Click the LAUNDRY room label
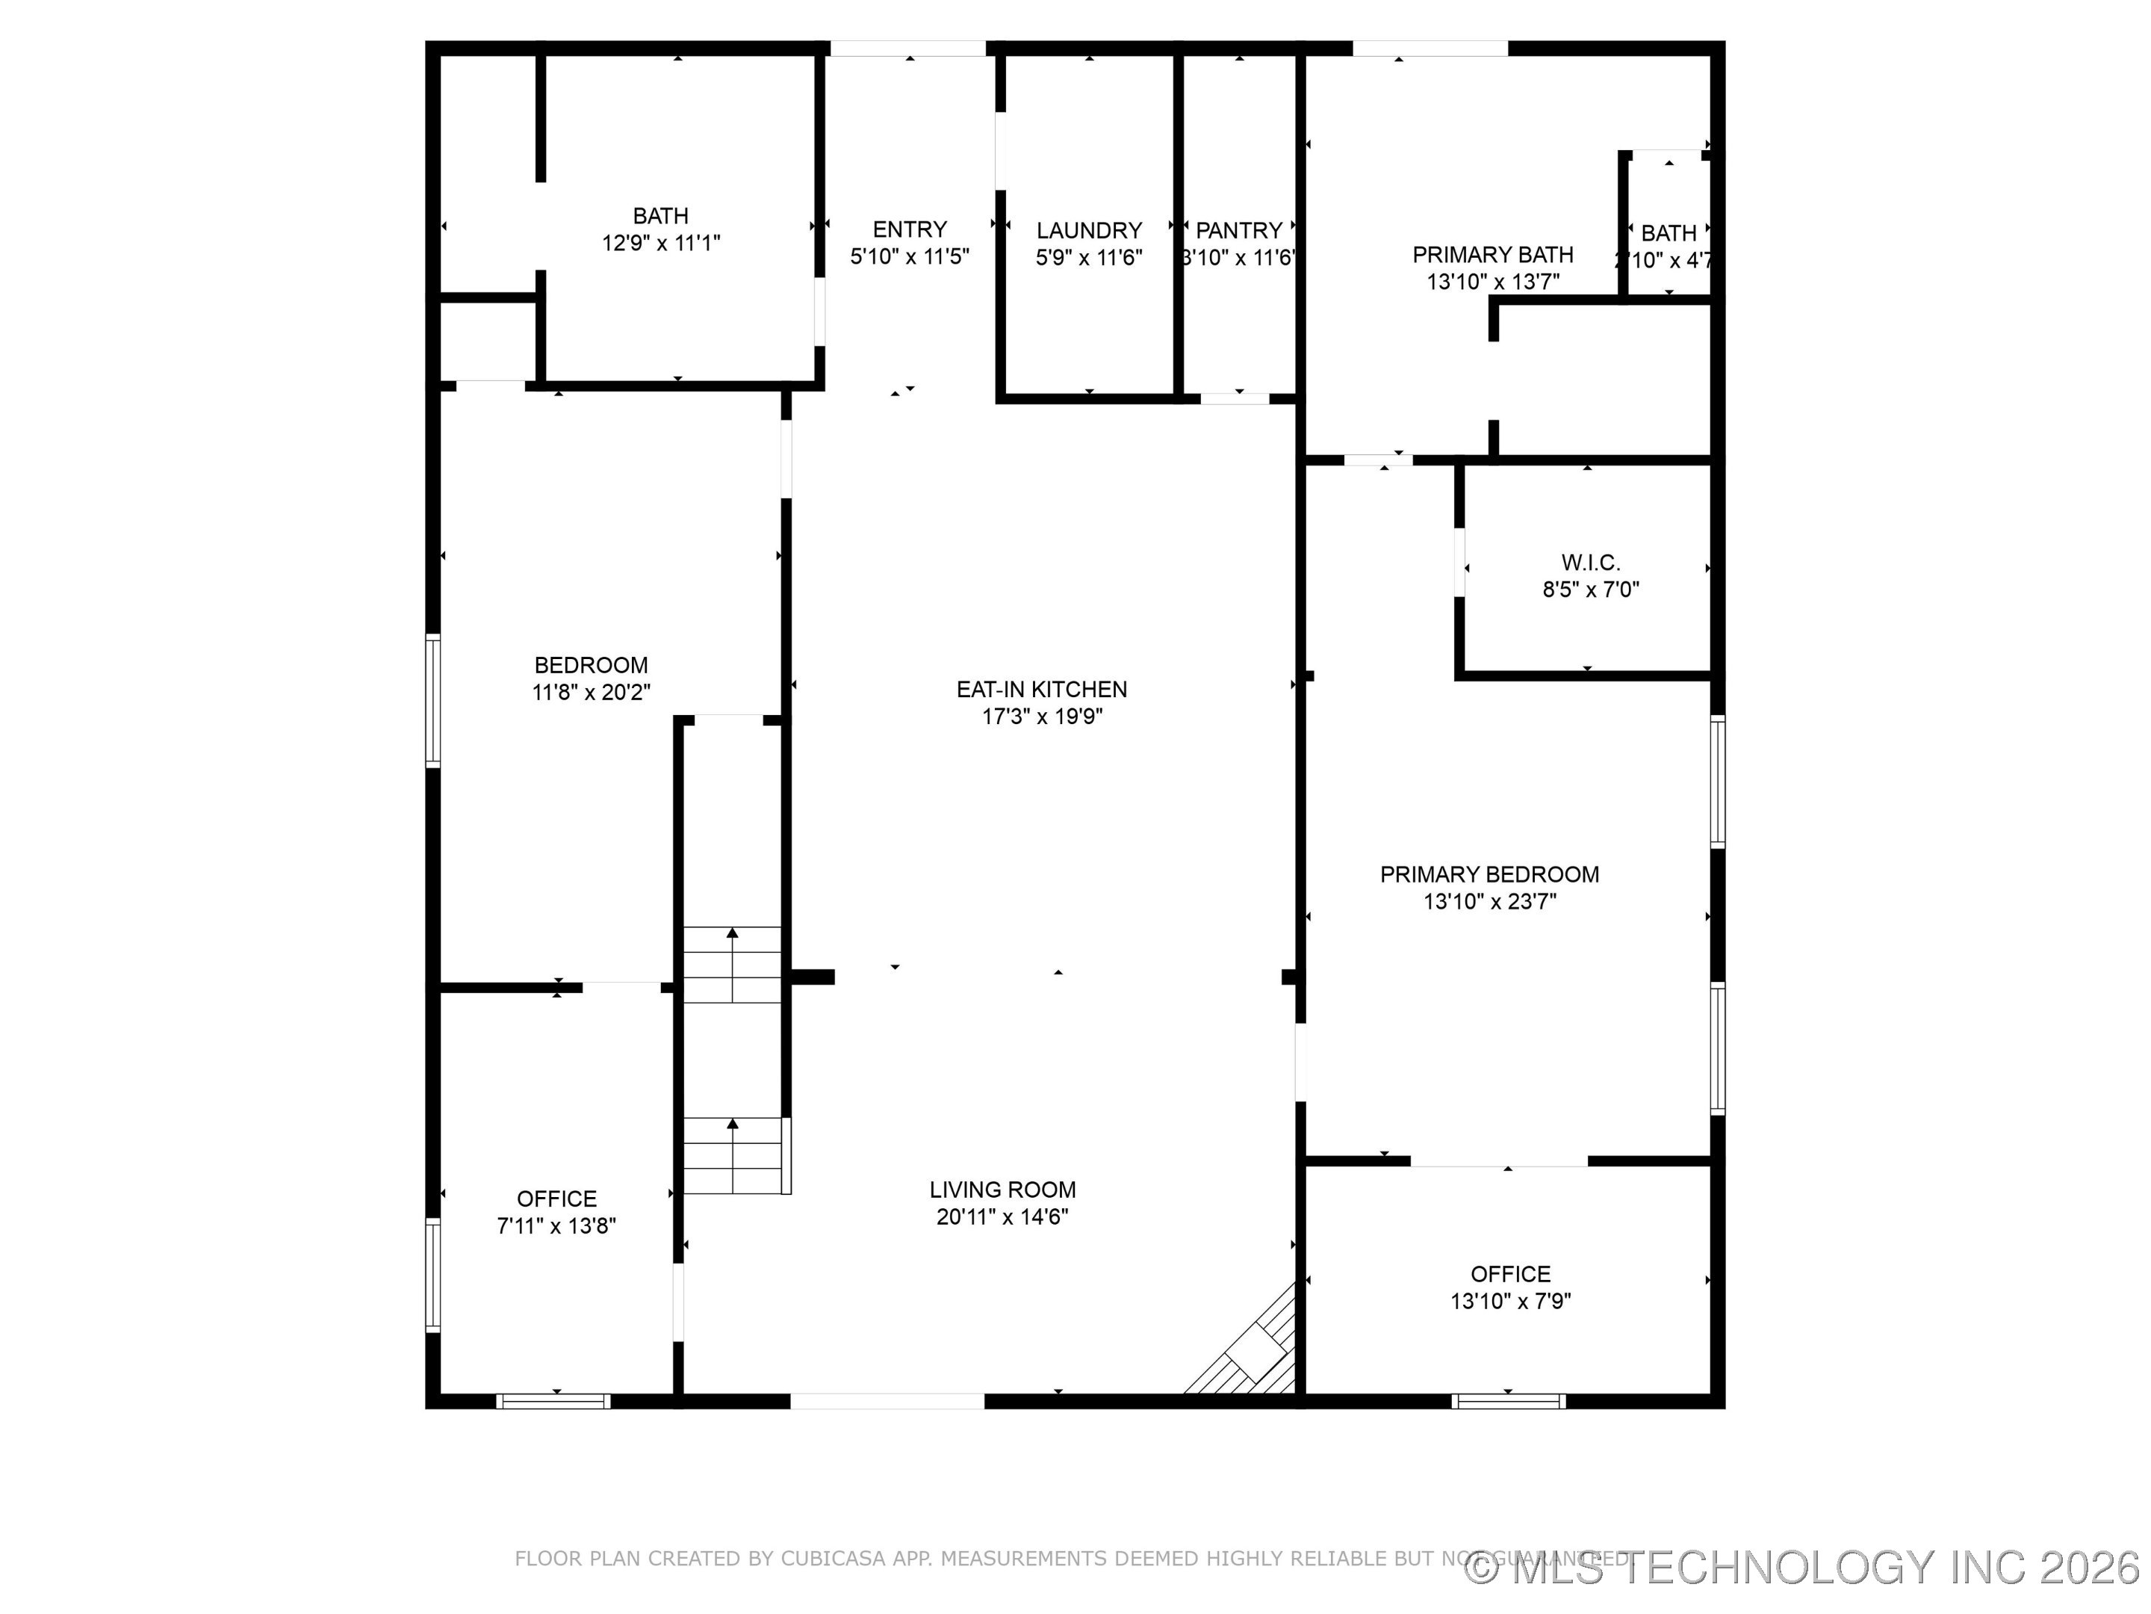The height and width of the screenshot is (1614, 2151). point(1088,231)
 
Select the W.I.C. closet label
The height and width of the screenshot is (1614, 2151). point(1590,563)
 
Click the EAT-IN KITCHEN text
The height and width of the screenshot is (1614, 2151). point(1041,689)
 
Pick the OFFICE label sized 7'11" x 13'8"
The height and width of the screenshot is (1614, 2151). point(556,1199)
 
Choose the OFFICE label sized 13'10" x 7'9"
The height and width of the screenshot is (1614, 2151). point(1509,1273)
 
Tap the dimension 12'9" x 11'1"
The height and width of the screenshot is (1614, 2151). point(660,243)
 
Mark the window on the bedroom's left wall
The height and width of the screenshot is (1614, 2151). point(434,700)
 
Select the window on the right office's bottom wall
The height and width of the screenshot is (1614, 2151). point(1507,1401)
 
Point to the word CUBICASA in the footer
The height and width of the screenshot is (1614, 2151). point(834,1559)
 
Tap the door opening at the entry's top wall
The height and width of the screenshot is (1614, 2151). point(907,49)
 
